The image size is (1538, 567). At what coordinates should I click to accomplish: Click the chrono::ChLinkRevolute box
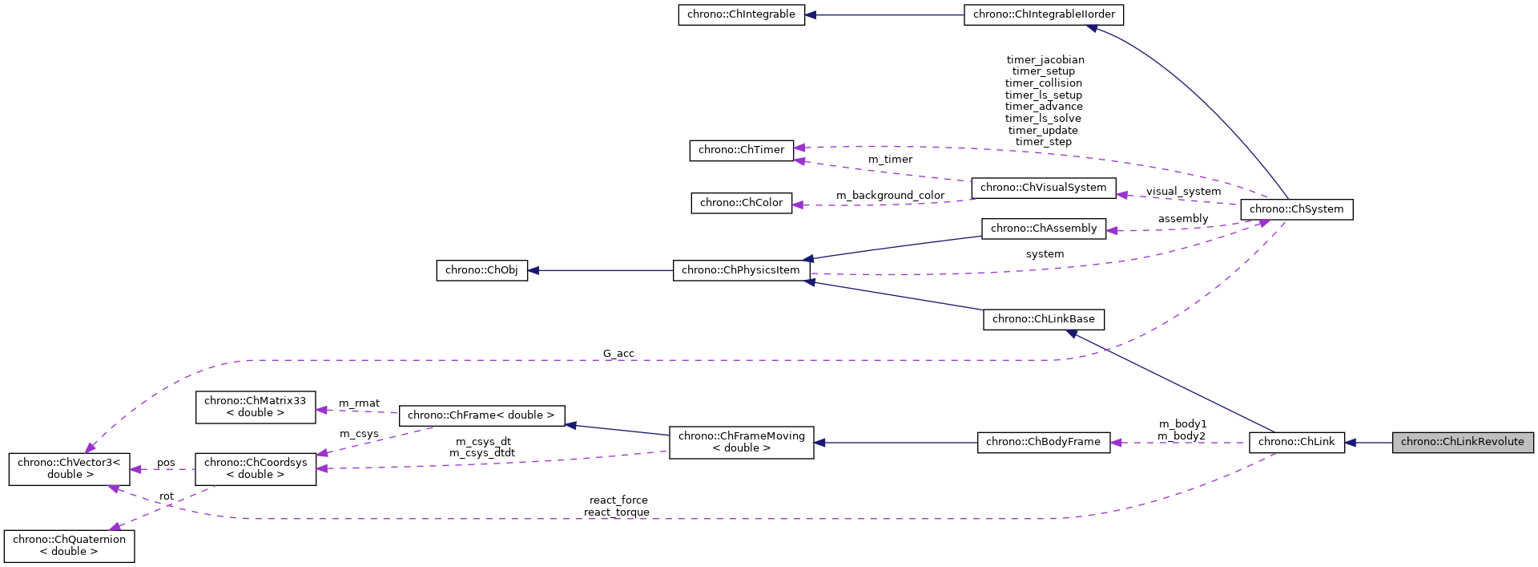pyautogui.click(x=1462, y=442)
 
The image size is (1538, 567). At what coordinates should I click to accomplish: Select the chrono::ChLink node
pyautogui.click(x=1296, y=442)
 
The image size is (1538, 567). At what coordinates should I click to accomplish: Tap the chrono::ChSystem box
pyautogui.click(x=1296, y=209)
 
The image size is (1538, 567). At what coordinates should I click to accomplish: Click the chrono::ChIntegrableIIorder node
pyautogui.click(x=1044, y=14)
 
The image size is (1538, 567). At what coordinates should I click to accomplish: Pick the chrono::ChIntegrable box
pyautogui.click(x=741, y=14)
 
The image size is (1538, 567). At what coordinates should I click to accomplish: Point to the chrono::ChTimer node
pyautogui.click(x=741, y=150)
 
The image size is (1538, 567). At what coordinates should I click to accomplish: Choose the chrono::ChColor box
pyautogui.click(x=741, y=203)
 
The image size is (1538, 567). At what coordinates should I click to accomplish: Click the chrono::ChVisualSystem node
pyautogui.click(x=1043, y=188)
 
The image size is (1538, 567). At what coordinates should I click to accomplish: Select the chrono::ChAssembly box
pyautogui.click(x=1044, y=229)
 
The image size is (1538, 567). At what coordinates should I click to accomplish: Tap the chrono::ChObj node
pyautogui.click(x=481, y=270)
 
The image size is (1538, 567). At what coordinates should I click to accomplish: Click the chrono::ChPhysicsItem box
pyautogui.click(x=741, y=270)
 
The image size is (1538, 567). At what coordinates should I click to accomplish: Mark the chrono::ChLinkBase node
pyautogui.click(x=1043, y=319)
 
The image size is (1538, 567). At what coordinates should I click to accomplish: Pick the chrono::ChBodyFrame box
pyautogui.click(x=1043, y=442)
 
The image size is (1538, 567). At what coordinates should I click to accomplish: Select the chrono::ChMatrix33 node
pyautogui.click(x=256, y=407)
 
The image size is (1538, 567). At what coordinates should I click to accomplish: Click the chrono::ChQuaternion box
pyautogui.click(x=69, y=545)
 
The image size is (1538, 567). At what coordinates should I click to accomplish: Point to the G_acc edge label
pyautogui.click(x=618, y=354)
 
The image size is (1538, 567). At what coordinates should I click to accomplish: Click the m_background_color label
pyautogui.click(x=890, y=196)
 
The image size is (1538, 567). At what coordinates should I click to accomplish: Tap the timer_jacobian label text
pyautogui.click(x=1045, y=60)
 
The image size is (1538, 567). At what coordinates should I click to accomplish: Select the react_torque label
pyautogui.click(x=616, y=512)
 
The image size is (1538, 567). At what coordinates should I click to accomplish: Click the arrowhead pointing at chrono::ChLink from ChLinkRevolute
pyautogui.click(x=1351, y=442)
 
